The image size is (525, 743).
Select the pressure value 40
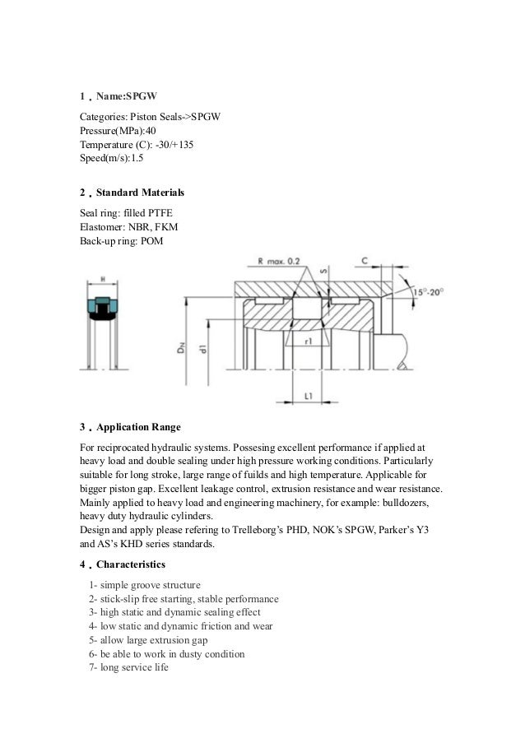pyautogui.click(x=145, y=130)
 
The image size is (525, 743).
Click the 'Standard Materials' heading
pyautogui.click(x=141, y=193)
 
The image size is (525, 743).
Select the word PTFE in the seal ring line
pyautogui.click(x=157, y=212)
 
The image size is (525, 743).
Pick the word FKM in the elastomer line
pyautogui.click(x=167, y=226)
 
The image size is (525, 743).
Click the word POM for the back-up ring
pyautogui.click(x=153, y=240)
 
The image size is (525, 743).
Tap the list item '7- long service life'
pyautogui.click(x=128, y=667)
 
